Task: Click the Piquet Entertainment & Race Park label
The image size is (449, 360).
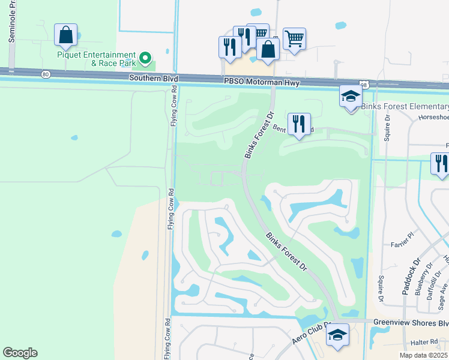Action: coord(96,58)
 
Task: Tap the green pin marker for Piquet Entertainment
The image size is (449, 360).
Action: coord(145,58)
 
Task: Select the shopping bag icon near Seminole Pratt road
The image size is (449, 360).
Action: coord(65,35)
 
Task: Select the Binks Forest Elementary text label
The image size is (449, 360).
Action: coord(405,107)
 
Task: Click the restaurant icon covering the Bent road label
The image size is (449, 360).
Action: coord(299,124)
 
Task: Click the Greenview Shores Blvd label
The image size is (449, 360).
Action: coord(410,322)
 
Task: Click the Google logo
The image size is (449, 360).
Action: coord(20,353)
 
